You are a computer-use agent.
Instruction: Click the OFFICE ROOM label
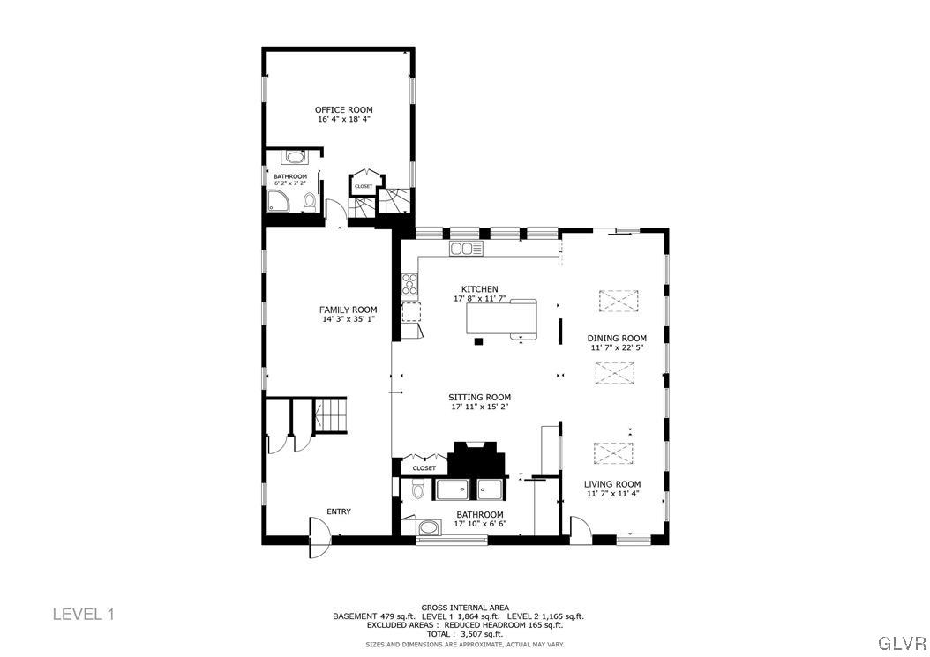pos(343,110)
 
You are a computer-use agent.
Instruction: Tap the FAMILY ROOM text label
pos(348,310)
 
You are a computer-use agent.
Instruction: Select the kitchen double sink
pos(466,249)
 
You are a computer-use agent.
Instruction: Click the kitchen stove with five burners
pos(410,284)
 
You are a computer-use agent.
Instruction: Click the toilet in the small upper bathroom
pos(309,204)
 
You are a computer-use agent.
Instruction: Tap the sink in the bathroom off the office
pos(295,158)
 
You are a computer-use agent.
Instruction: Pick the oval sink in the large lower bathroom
pos(429,528)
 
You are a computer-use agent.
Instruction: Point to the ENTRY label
pos(339,511)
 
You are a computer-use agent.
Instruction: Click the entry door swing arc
pos(319,537)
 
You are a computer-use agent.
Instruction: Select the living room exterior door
pos(581,530)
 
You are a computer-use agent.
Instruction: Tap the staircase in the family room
pos(333,415)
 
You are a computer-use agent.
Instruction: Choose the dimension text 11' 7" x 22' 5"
pos(617,347)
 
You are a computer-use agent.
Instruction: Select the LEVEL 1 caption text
pos(84,614)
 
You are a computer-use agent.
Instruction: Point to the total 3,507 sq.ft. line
pos(463,634)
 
